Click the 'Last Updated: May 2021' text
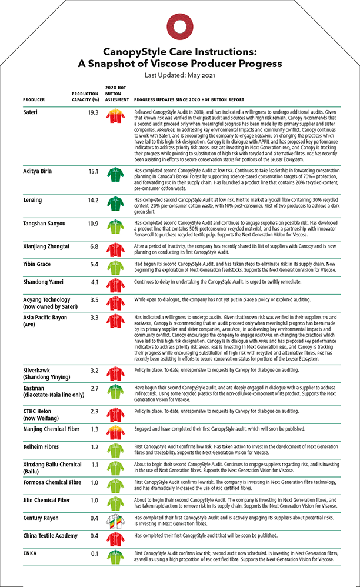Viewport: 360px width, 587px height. coord(179,76)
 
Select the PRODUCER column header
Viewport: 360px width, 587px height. coord(34,100)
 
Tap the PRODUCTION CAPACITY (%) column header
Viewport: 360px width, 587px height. coord(85,96)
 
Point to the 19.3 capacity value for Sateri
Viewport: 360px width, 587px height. coord(93,112)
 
